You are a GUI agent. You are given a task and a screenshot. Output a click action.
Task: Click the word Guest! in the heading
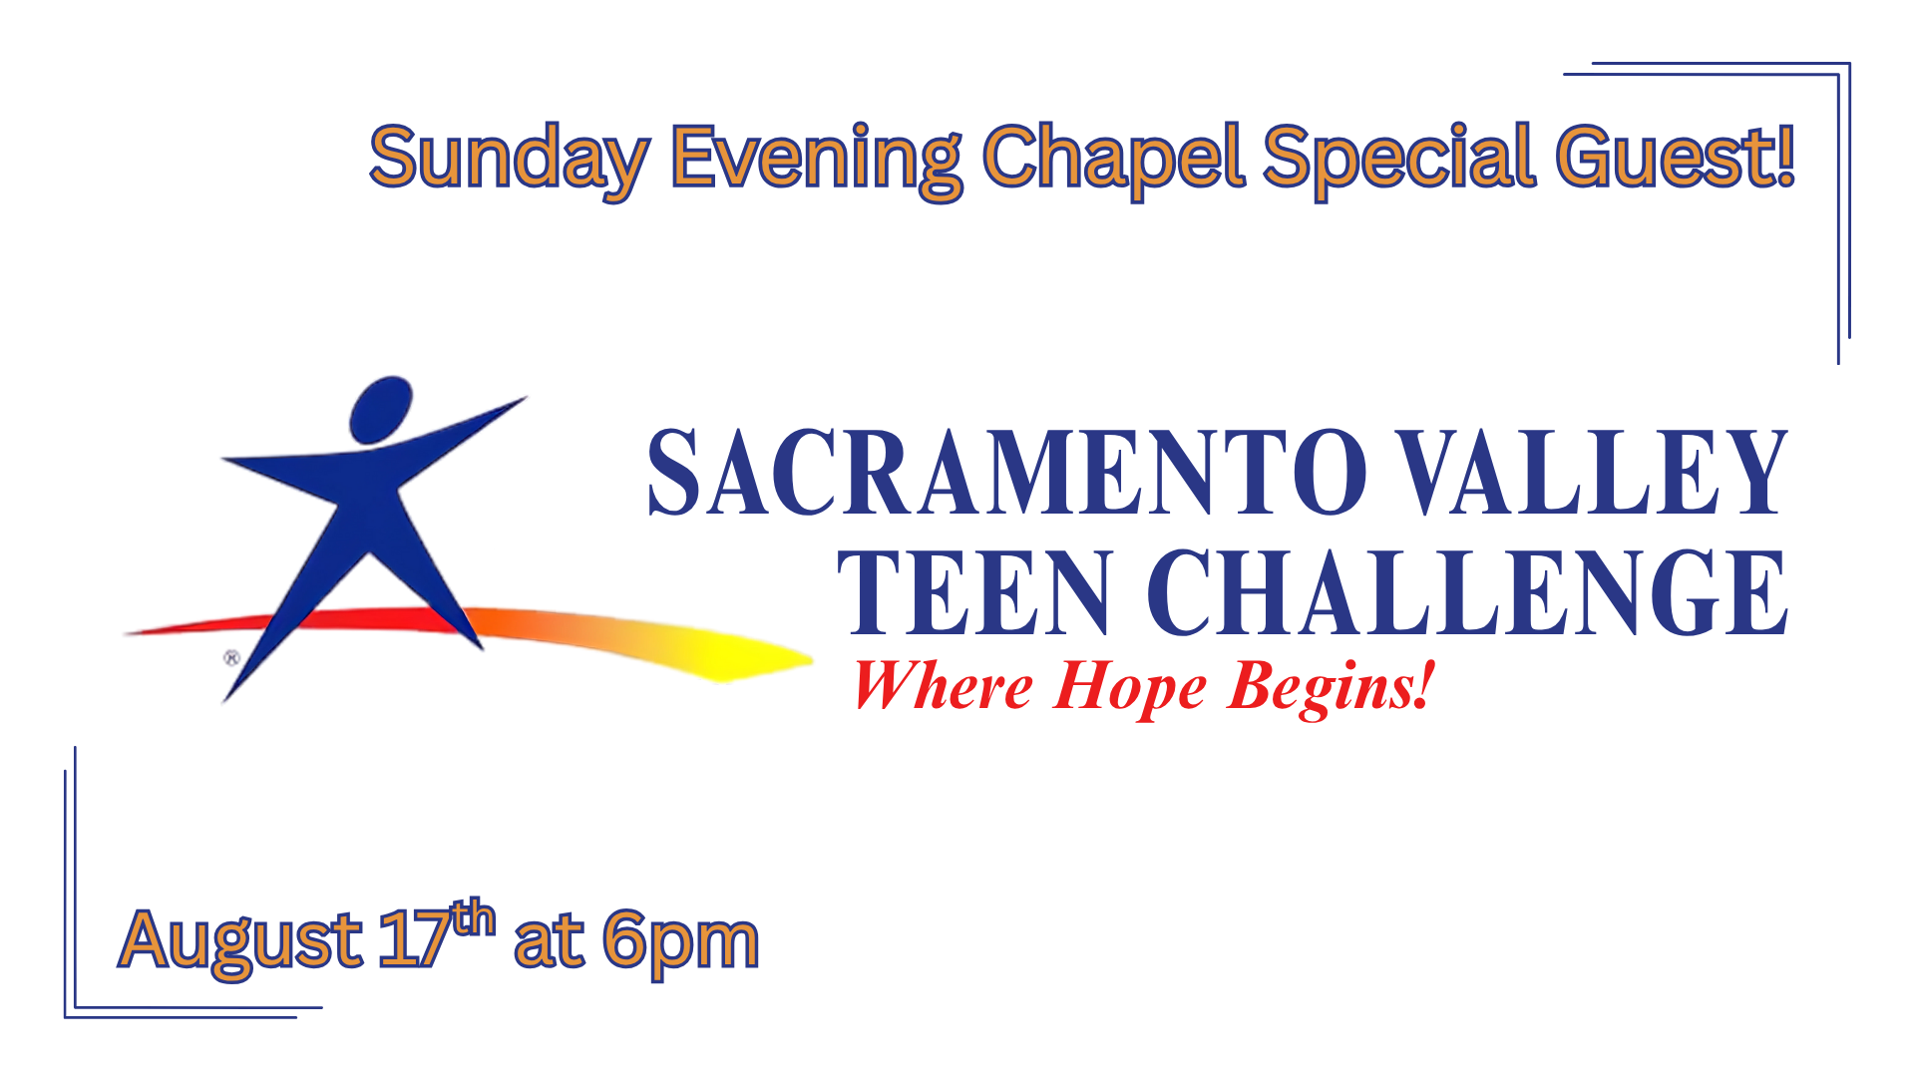(x=1676, y=157)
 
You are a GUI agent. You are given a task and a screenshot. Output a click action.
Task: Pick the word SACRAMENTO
(x=1008, y=473)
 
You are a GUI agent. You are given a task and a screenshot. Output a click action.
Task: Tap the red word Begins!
(x=1332, y=688)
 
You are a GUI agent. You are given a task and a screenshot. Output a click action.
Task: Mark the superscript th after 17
(x=473, y=917)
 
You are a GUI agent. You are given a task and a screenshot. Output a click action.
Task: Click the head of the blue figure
(x=381, y=409)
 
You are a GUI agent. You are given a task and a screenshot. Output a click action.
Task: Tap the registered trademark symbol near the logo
(x=231, y=658)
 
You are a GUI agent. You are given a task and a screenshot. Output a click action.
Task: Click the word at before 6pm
(x=549, y=941)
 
